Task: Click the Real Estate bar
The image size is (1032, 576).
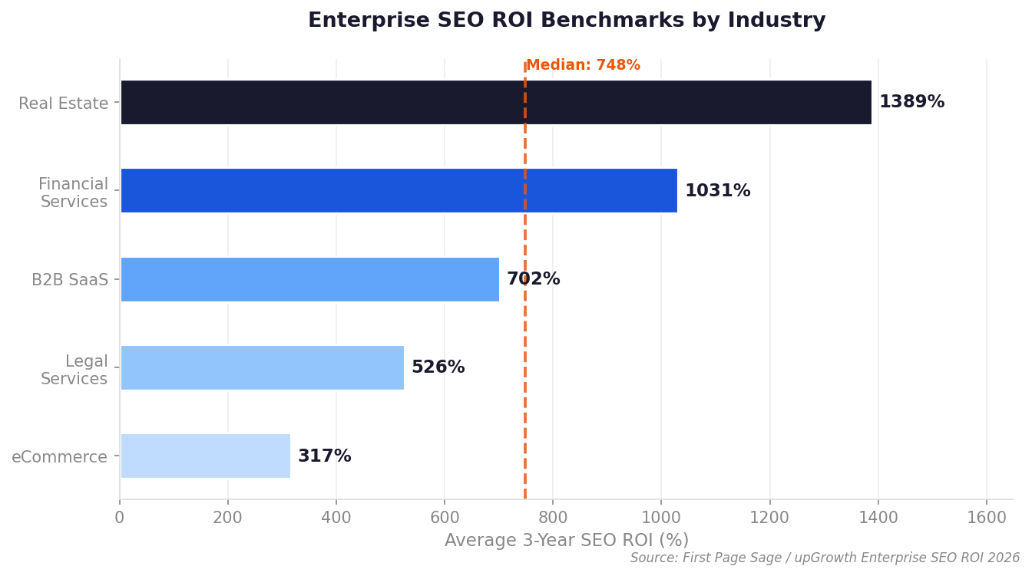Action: [495, 102]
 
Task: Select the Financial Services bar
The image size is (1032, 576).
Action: [399, 190]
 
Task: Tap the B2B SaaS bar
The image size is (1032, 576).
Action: [309, 279]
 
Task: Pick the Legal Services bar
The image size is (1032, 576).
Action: [262, 367]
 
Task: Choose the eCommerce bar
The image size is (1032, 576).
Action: [205, 456]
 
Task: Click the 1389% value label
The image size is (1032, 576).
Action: [911, 102]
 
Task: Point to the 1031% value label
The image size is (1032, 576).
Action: [717, 191]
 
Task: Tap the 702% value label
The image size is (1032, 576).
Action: [533, 279]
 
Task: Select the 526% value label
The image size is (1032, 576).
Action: [438, 367]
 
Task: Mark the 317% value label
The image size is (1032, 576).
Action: [324, 456]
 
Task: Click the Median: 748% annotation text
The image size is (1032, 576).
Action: [583, 66]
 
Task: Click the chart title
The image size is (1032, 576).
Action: [567, 21]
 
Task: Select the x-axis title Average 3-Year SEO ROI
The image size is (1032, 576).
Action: [567, 541]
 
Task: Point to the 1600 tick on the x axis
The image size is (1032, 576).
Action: [987, 518]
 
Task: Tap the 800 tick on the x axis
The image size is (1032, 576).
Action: [553, 518]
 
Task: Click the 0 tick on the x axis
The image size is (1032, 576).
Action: [120, 518]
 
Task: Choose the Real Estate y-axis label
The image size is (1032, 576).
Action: [63, 104]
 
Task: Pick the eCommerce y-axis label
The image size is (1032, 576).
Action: [59, 457]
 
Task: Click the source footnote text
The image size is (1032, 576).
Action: [825, 558]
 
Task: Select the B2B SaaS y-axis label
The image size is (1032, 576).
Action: [70, 280]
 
